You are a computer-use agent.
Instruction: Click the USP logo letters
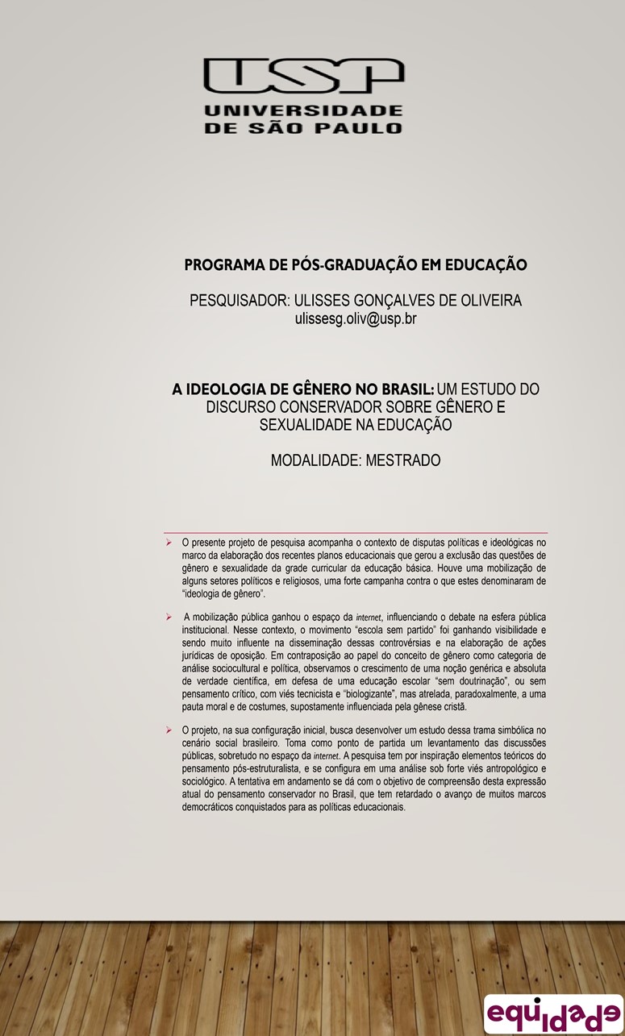(x=303, y=79)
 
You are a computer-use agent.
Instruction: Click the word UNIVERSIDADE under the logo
(x=303, y=110)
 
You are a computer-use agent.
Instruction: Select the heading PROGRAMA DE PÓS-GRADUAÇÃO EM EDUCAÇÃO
(x=356, y=264)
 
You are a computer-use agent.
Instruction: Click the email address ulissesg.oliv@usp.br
(x=356, y=318)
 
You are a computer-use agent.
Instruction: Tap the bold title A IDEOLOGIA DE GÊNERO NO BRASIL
(x=303, y=389)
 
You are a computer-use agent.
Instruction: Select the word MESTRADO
(x=402, y=461)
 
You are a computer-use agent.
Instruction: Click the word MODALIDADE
(x=315, y=461)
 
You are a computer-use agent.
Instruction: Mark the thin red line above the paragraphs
(x=356, y=533)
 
